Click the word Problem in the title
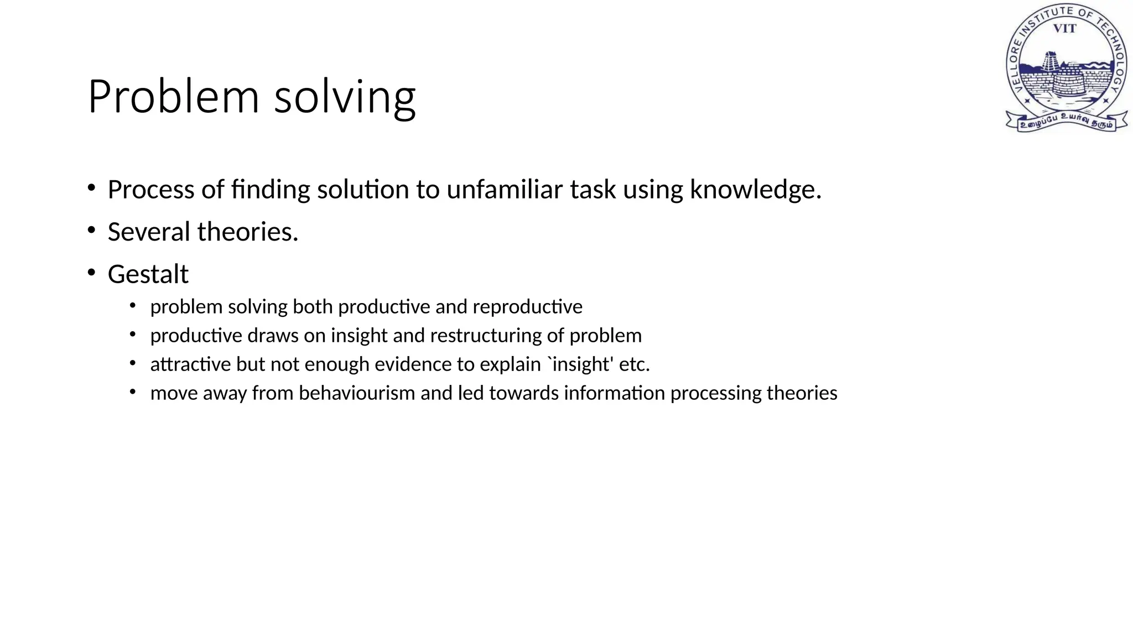(173, 97)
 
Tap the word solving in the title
(344, 98)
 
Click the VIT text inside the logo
(1064, 29)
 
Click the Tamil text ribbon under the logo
(1066, 121)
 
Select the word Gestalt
(148, 274)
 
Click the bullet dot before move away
(133, 392)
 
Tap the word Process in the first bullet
(150, 190)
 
